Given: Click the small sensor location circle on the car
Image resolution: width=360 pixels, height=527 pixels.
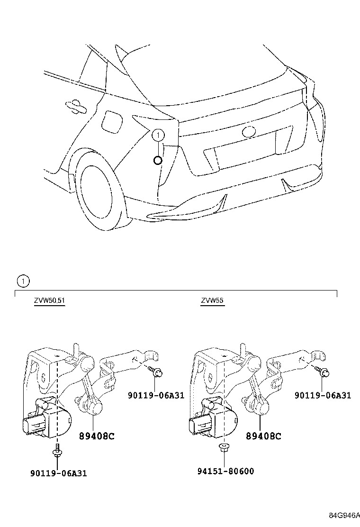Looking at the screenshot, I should point(158,160).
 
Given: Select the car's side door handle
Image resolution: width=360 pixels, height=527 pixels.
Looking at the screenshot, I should point(73,105).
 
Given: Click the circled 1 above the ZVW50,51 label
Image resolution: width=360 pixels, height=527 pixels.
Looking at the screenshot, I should point(23,281).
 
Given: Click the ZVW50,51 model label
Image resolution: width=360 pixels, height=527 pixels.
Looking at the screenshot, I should point(49,300).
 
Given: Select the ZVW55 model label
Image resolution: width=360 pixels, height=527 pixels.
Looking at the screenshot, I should point(212,300).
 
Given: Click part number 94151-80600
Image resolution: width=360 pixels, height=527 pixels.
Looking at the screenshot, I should point(225,471).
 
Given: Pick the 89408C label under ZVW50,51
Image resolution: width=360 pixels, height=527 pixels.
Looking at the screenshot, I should point(97,436).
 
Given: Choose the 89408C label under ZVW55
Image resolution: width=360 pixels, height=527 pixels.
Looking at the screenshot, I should point(263,436).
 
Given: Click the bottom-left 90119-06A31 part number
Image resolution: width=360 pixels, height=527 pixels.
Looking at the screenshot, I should point(58,473).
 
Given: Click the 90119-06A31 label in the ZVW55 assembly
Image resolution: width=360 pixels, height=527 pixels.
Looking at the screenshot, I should point(323,395).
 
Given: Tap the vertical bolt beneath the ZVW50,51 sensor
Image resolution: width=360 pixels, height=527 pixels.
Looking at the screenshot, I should point(57,450).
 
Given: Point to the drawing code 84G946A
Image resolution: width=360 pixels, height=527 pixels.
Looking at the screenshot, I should point(344,515).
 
